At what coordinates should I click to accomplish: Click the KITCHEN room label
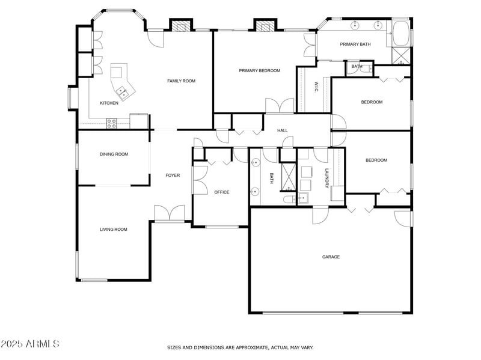tap(109, 103)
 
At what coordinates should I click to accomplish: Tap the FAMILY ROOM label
tap(181, 81)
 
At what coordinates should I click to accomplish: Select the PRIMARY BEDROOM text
tap(259, 71)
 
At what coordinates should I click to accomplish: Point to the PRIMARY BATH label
tap(355, 44)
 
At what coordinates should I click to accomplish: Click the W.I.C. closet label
tap(315, 87)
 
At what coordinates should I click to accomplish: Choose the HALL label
tap(283, 130)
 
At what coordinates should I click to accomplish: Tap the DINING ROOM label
tap(114, 154)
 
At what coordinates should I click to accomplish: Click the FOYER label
tap(173, 175)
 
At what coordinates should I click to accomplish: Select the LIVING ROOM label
tap(113, 229)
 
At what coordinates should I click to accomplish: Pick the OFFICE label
tap(222, 192)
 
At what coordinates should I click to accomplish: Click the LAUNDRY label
tap(327, 178)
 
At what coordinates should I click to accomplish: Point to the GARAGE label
tap(331, 257)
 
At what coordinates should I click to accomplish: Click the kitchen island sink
tap(123, 92)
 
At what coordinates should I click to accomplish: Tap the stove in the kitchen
tap(111, 123)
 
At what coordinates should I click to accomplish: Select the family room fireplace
tap(179, 25)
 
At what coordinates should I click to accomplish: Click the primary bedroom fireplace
tap(263, 25)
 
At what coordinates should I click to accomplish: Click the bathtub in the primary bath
tap(401, 34)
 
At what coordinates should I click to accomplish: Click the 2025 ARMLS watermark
tap(30, 344)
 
